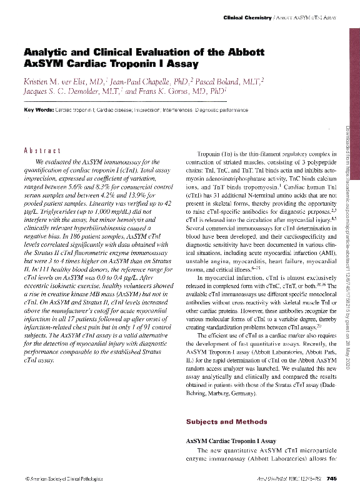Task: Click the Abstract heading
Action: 41,152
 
